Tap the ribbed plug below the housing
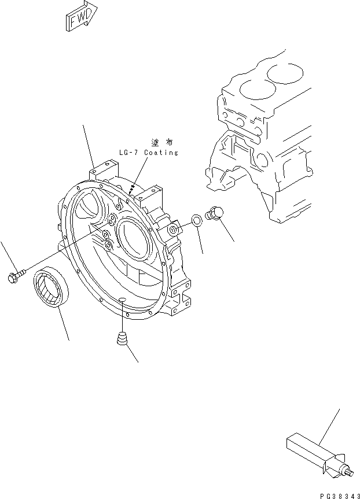pos(122,341)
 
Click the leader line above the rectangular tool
pos(329,428)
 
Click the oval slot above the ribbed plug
pos(122,298)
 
